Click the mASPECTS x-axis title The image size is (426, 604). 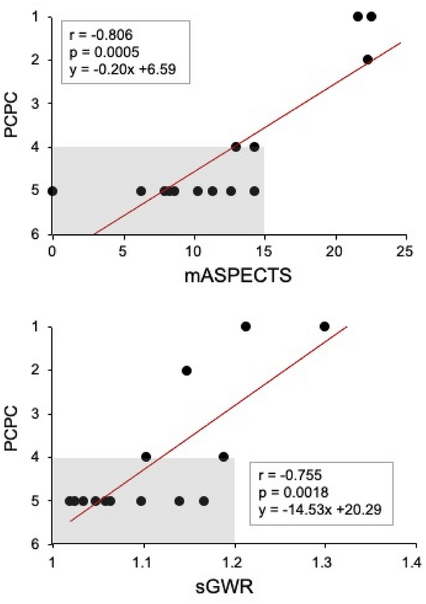coord(238,276)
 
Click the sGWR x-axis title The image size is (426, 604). coord(224,586)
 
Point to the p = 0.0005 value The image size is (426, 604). coord(104,52)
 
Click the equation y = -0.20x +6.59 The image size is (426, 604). coord(122,69)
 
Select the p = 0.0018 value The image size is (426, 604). coord(293,492)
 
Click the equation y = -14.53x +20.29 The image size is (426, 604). coord(319,510)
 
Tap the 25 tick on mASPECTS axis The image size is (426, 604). coord(405,251)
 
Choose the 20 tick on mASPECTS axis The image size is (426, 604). coord(334,251)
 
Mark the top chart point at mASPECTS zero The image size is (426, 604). coord(52,191)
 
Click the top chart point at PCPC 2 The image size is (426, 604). coord(367,59)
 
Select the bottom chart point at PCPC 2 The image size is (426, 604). coord(187,370)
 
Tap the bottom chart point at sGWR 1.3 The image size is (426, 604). coord(324,326)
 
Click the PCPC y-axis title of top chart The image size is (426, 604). coord(12,114)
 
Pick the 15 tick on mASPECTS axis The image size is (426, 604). coord(264,251)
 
